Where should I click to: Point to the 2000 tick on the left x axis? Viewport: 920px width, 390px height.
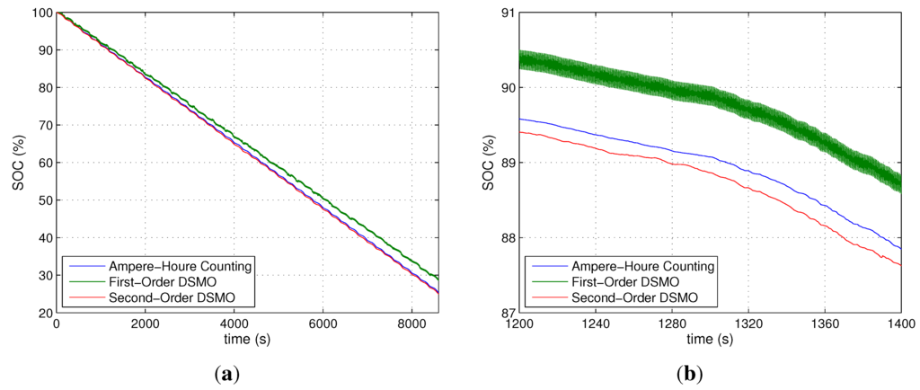(145, 324)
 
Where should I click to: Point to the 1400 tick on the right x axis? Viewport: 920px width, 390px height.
(900, 324)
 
